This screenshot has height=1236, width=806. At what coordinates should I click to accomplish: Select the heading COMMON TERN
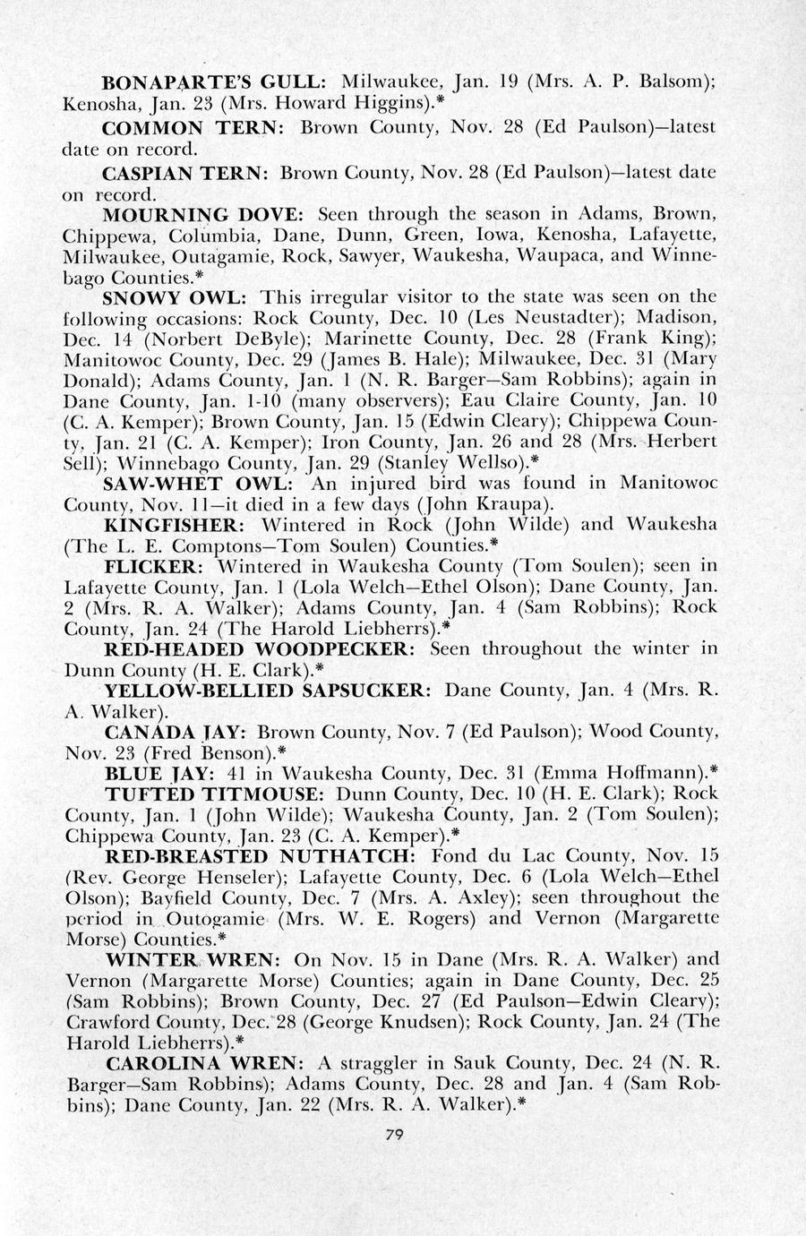pyautogui.click(x=194, y=126)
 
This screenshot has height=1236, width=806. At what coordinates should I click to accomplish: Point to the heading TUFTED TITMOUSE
pyautogui.click(x=214, y=794)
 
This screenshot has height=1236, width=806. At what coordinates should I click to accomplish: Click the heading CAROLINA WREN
pyautogui.click(x=205, y=1063)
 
